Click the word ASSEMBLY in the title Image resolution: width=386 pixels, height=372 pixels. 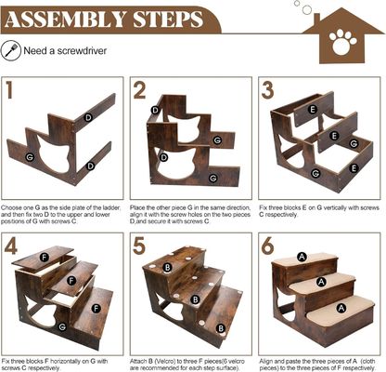tap(66, 20)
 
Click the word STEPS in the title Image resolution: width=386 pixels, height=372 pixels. tap(168, 20)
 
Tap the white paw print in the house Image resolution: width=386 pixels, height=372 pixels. tap(342, 42)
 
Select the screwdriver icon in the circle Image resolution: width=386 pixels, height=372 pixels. tap(11, 50)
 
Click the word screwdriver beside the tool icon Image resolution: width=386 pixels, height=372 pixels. tap(82, 51)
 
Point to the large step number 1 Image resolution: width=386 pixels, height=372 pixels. tap(9, 90)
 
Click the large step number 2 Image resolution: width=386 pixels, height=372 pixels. tap(139, 90)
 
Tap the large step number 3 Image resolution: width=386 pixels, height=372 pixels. tap(267, 90)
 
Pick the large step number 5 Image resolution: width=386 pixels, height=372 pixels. tap(139, 246)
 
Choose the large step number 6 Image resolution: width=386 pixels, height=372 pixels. tap(267, 246)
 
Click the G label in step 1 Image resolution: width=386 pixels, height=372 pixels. tap(30, 157)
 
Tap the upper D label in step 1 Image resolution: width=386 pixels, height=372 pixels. tap(88, 118)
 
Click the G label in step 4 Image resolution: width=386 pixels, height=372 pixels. tap(62, 326)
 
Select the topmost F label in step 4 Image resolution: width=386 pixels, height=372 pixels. tap(45, 257)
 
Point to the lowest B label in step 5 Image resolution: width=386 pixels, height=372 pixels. tap(221, 328)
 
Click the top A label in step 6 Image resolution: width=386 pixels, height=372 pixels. tap(302, 257)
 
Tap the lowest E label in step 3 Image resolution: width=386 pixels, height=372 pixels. tap(354, 168)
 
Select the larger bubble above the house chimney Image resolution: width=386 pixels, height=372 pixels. tap(307, 9)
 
